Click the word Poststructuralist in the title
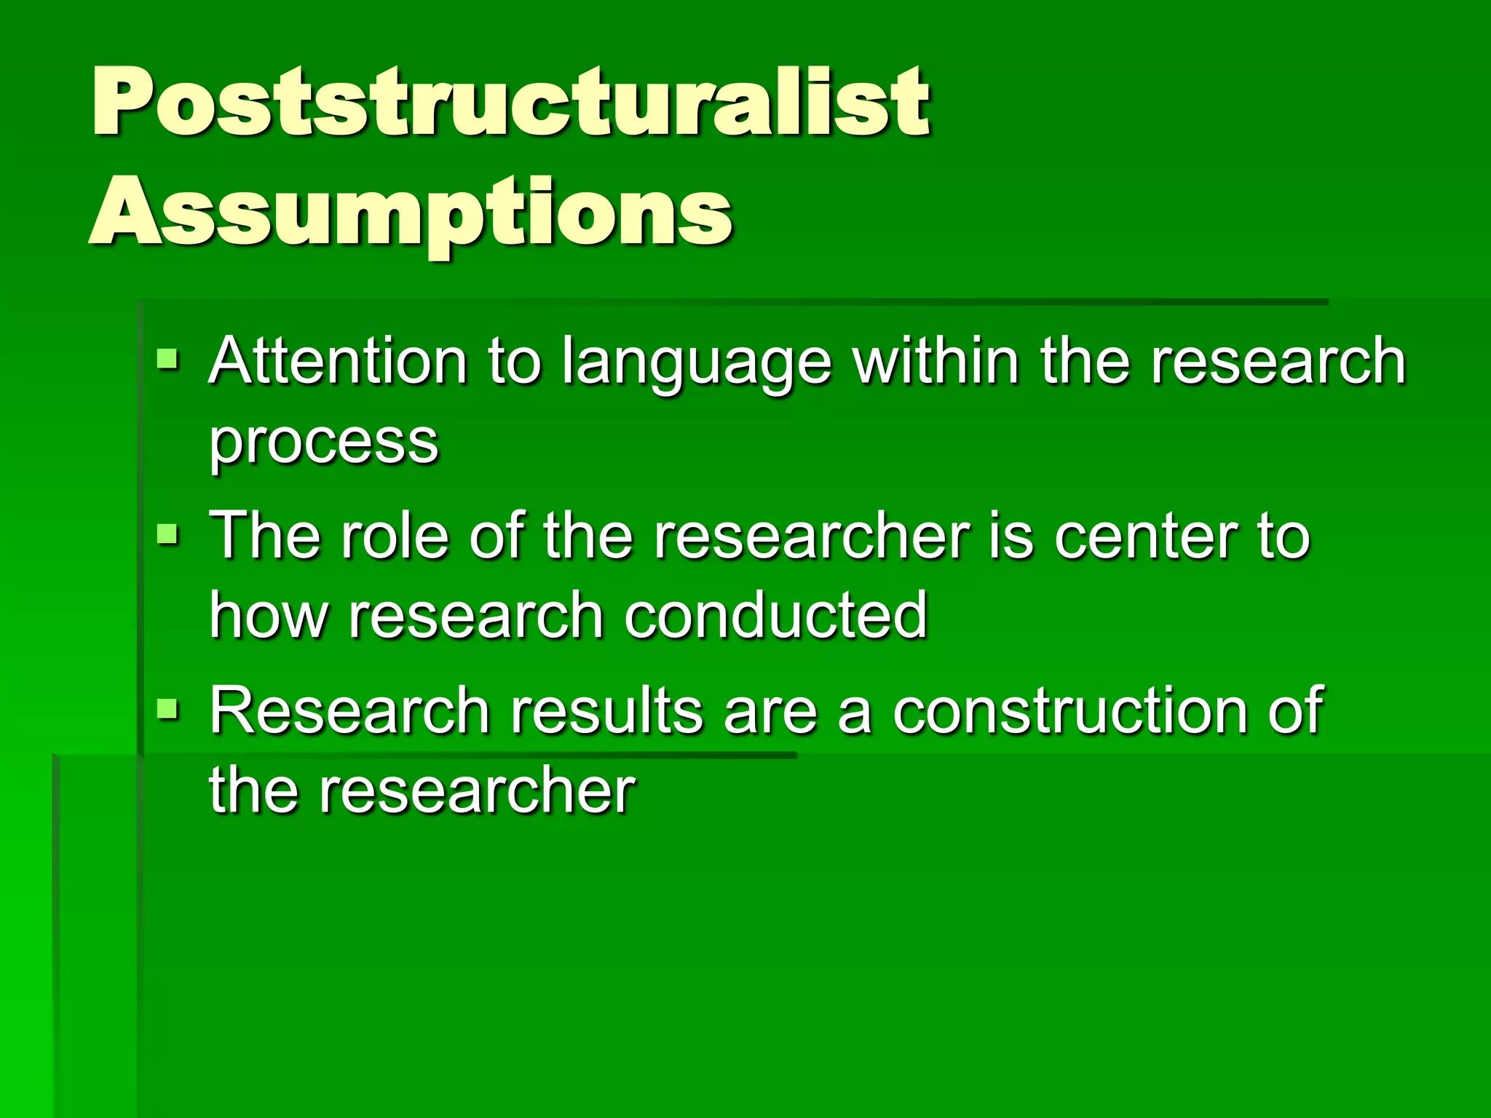point(510,102)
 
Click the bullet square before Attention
point(167,359)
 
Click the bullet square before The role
point(167,535)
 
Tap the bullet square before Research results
point(167,708)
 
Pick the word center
point(1146,536)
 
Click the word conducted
point(775,616)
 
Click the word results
point(606,711)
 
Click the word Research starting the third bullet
point(349,711)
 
